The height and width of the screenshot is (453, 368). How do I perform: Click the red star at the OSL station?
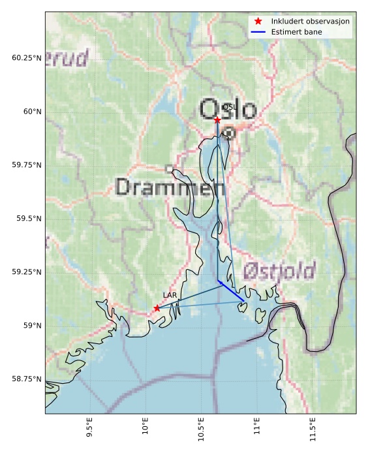217,120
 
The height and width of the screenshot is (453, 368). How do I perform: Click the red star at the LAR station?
157,308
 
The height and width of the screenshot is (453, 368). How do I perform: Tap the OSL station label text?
229,107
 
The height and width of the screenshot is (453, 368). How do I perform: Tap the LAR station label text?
170,296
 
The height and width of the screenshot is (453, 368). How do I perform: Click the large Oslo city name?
228,110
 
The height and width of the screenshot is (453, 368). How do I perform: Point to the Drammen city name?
170,188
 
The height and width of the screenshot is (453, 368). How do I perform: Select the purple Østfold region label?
279,270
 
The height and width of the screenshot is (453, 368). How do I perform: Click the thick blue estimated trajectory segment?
232,291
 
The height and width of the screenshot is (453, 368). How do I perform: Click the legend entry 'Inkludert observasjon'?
310,22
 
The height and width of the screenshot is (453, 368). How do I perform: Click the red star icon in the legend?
258,22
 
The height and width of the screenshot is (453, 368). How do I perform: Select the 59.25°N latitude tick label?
27,272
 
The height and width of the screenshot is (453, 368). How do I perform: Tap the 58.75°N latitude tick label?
27,379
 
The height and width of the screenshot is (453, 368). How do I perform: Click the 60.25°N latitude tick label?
27,58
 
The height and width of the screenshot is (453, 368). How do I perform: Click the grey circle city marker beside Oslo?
229,133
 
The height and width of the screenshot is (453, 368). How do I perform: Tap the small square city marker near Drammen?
170,169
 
